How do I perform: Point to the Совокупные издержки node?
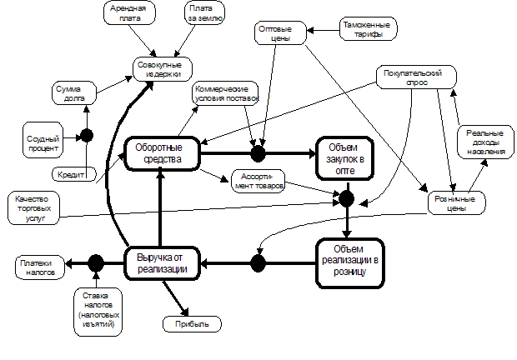(x=159, y=68)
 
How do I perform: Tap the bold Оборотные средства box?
(x=163, y=152)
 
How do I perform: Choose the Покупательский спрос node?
(x=414, y=78)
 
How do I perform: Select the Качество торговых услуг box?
(x=38, y=206)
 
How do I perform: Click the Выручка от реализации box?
(x=163, y=263)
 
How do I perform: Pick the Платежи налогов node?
(x=38, y=267)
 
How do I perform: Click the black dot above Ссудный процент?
(x=85, y=135)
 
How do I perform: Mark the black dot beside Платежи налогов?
(x=96, y=263)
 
